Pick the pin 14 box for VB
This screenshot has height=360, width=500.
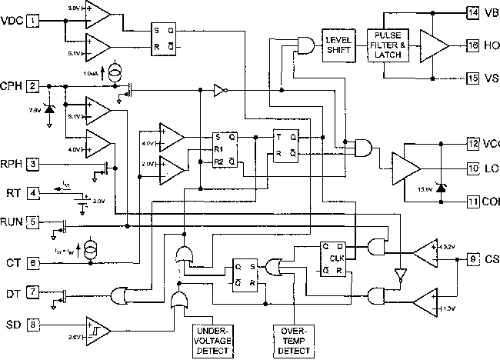click(471, 12)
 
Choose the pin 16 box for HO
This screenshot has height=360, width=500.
click(471, 45)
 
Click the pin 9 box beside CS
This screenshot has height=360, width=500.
click(471, 258)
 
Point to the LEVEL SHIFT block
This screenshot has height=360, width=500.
click(338, 45)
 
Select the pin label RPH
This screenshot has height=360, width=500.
click(12, 163)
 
